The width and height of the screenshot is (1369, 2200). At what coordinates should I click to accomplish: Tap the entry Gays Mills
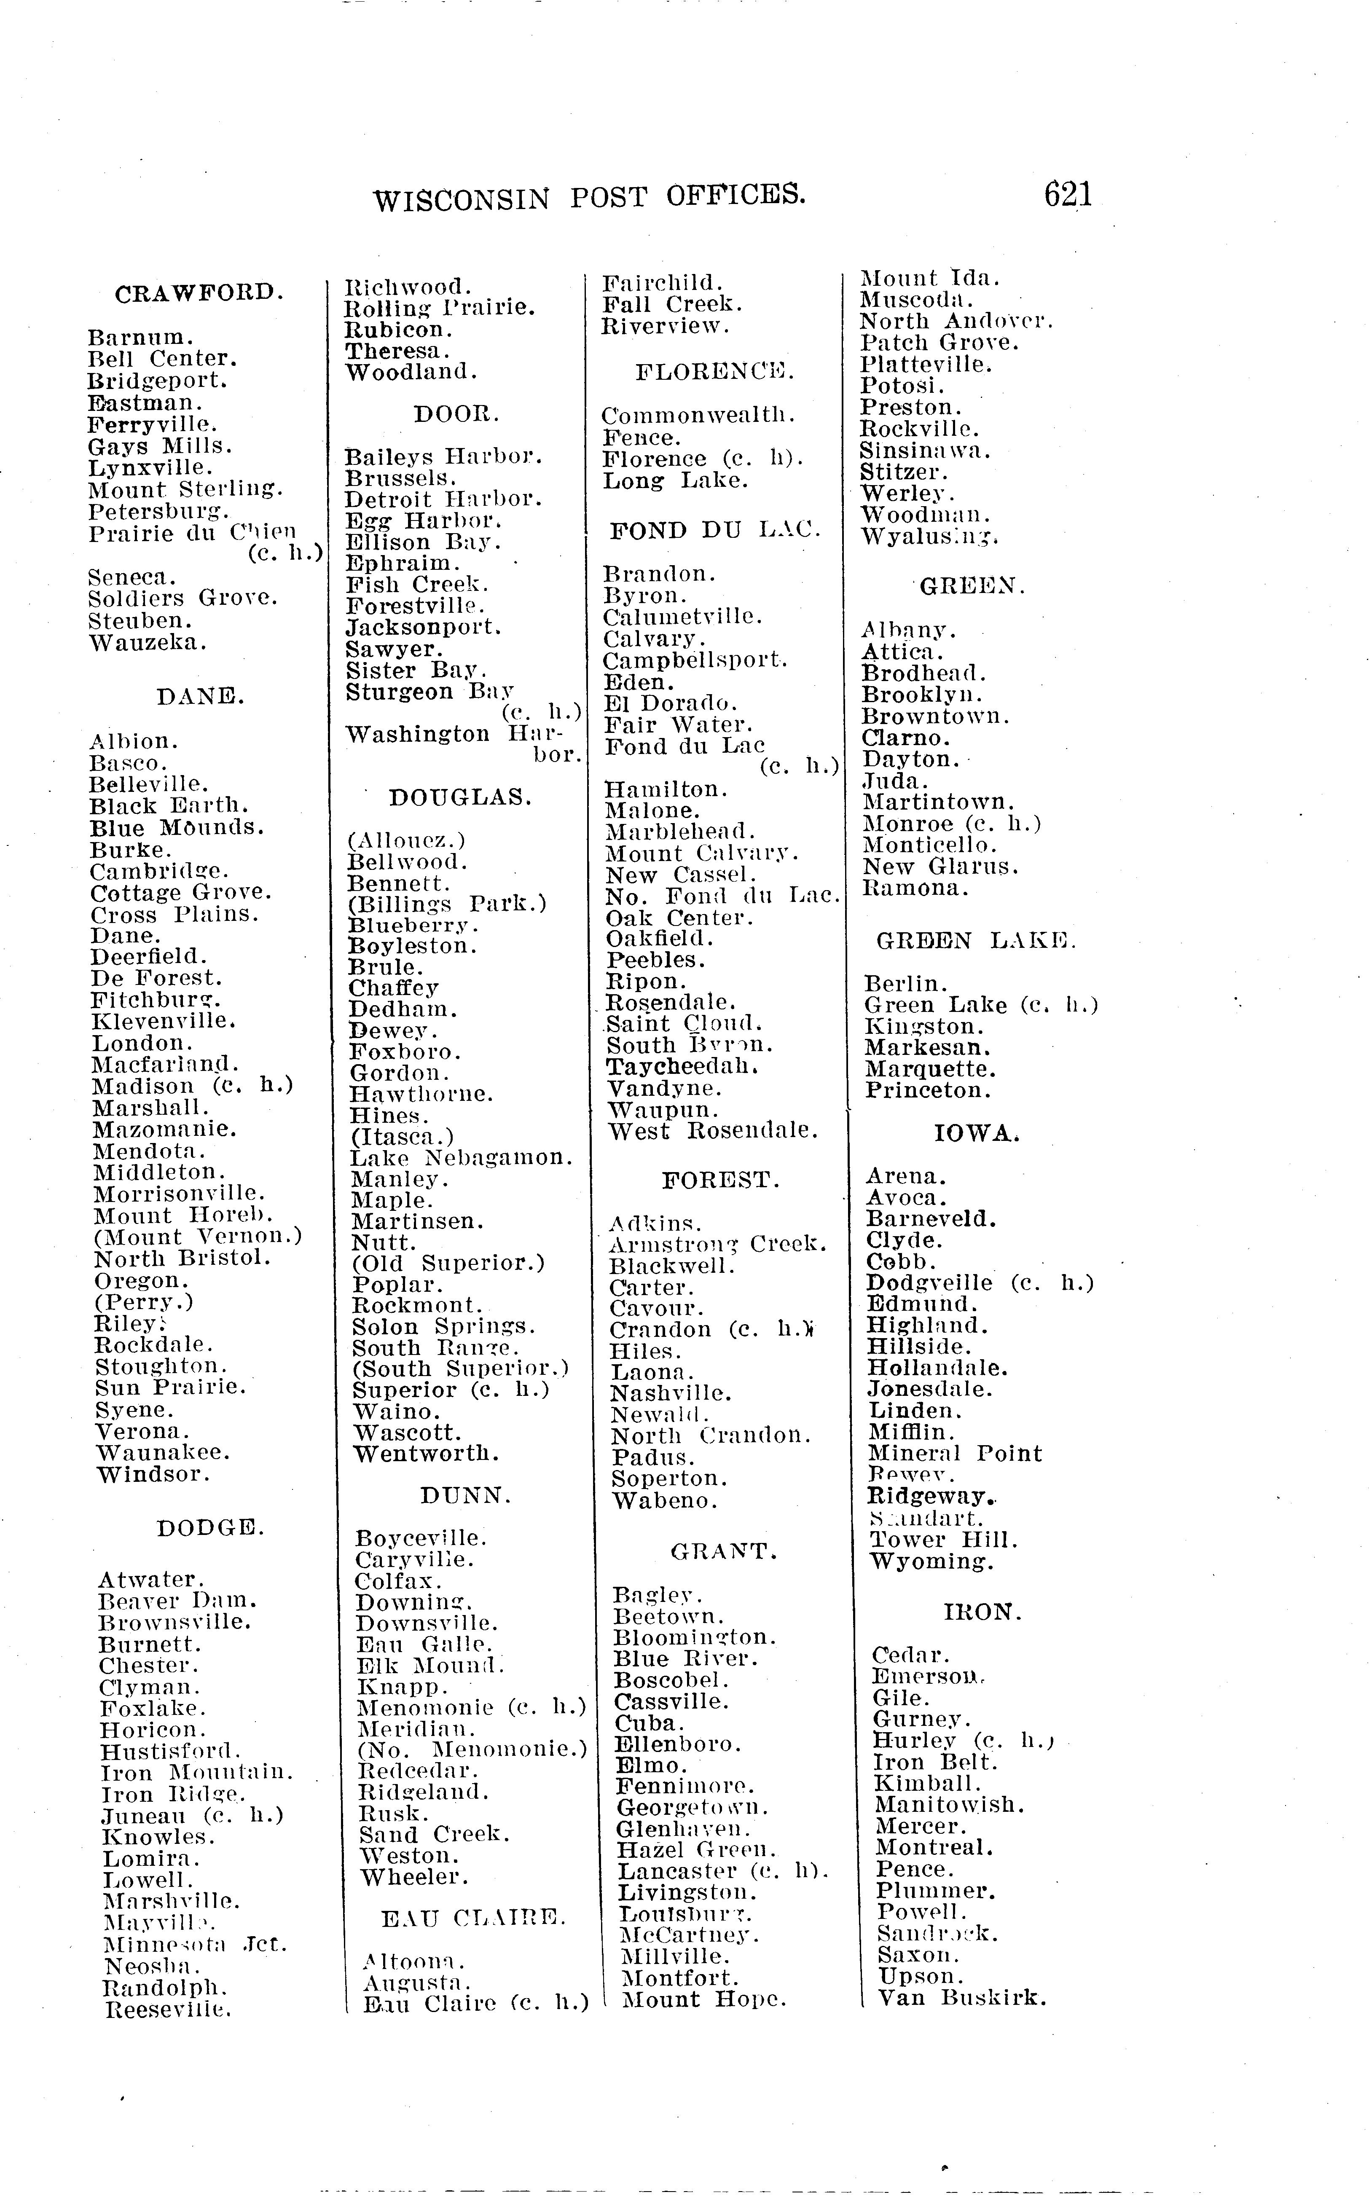160,446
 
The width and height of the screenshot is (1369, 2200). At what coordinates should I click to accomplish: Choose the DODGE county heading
210,1528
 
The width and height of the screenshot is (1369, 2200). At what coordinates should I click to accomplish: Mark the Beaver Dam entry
178,1601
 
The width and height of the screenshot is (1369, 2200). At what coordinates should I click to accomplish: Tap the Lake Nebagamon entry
462,1158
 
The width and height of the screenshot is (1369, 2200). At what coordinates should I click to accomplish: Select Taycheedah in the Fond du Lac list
682,1067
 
